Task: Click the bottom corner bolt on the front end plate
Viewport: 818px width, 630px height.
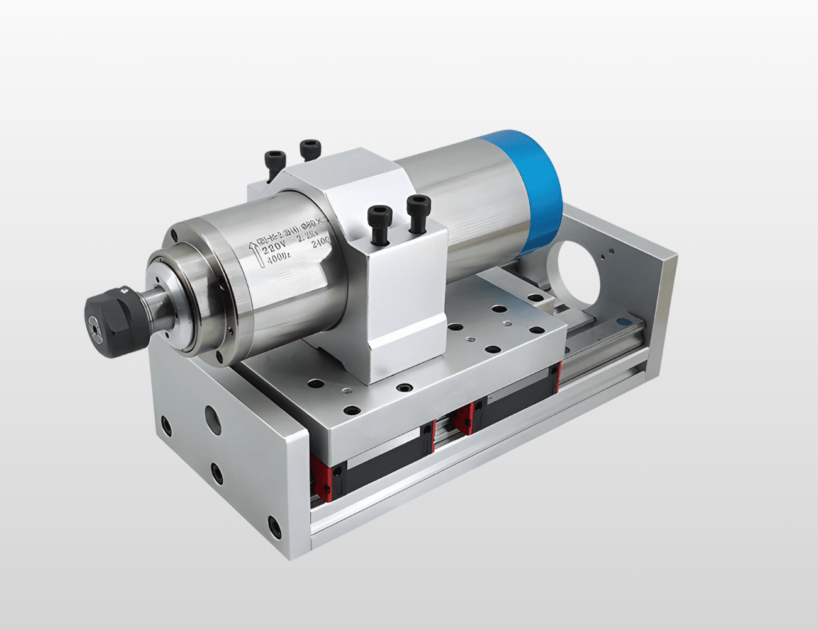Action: (273, 524)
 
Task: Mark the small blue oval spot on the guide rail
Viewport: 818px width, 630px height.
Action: (568, 348)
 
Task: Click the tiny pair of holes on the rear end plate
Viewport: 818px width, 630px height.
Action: (605, 253)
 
